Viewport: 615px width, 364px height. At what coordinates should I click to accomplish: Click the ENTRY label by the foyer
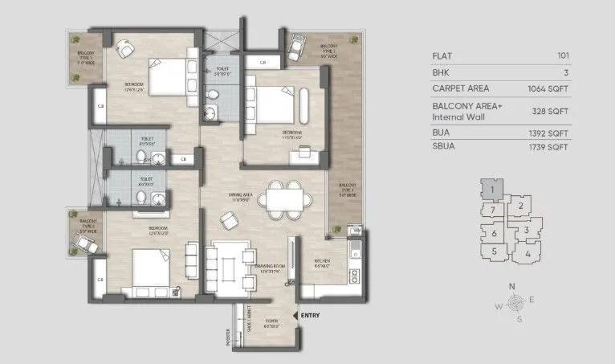pos(310,316)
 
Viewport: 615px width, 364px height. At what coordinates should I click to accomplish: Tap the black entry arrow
pos(296,316)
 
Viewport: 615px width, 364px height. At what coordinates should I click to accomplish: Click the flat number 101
pos(563,55)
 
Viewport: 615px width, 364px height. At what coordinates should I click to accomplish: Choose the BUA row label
pos(442,133)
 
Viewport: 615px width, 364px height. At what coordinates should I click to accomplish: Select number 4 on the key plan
pos(527,254)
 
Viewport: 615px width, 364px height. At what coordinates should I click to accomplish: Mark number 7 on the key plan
pos(491,211)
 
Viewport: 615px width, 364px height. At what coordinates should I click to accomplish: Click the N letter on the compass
pos(511,286)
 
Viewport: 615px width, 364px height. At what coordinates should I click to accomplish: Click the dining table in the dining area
pos(285,196)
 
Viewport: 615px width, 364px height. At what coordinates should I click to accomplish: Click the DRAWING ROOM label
pos(267,269)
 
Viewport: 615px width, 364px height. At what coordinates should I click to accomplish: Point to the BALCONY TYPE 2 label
pos(88,223)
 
